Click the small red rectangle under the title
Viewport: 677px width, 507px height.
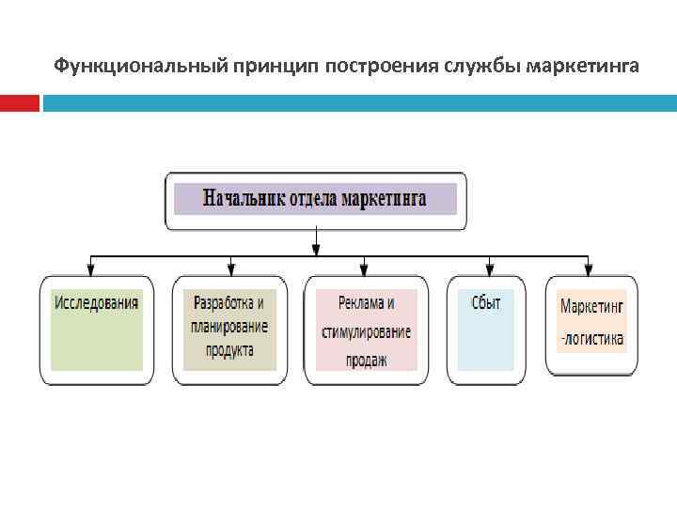tap(20, 103)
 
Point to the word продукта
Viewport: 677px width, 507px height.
tap(229, 350)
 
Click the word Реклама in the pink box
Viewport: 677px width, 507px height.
tap(354, 303)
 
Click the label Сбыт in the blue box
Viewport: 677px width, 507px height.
tap(485, 303)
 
